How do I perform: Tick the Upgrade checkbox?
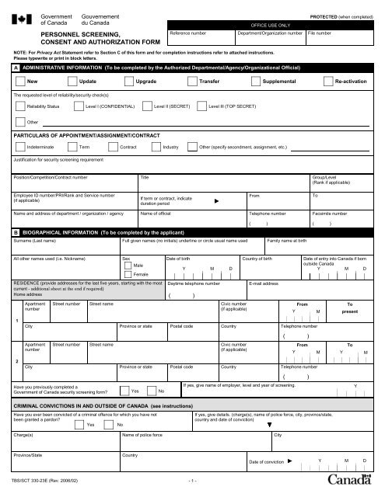pos(128,81)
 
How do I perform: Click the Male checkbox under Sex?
pos(129,266)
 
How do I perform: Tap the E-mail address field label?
pos(263,284)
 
